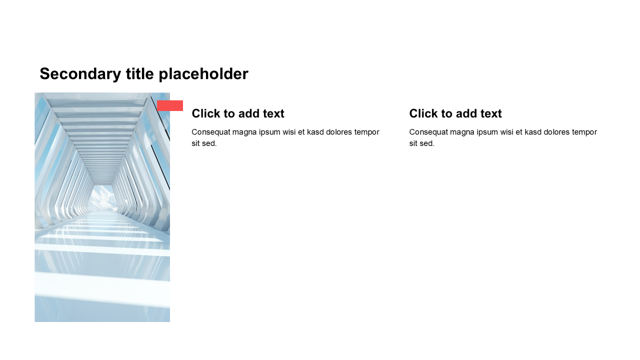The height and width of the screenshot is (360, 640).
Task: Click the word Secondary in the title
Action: coord(80,74)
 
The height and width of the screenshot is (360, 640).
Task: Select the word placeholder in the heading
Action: coord(203,74)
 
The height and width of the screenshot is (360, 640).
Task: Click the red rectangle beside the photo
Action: coord(170,105)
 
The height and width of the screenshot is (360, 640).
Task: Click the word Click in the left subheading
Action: coord(205,113)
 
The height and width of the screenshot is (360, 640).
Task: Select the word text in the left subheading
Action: coord(273,113)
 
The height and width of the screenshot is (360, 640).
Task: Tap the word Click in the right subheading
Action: coord(423,113)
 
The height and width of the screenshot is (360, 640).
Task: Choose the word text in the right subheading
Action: coord(491,113)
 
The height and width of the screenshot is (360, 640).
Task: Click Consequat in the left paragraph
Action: coord(210,132)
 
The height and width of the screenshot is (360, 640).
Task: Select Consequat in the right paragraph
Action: coord(428,132)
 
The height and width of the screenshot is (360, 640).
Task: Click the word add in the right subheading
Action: coord(466,113)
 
